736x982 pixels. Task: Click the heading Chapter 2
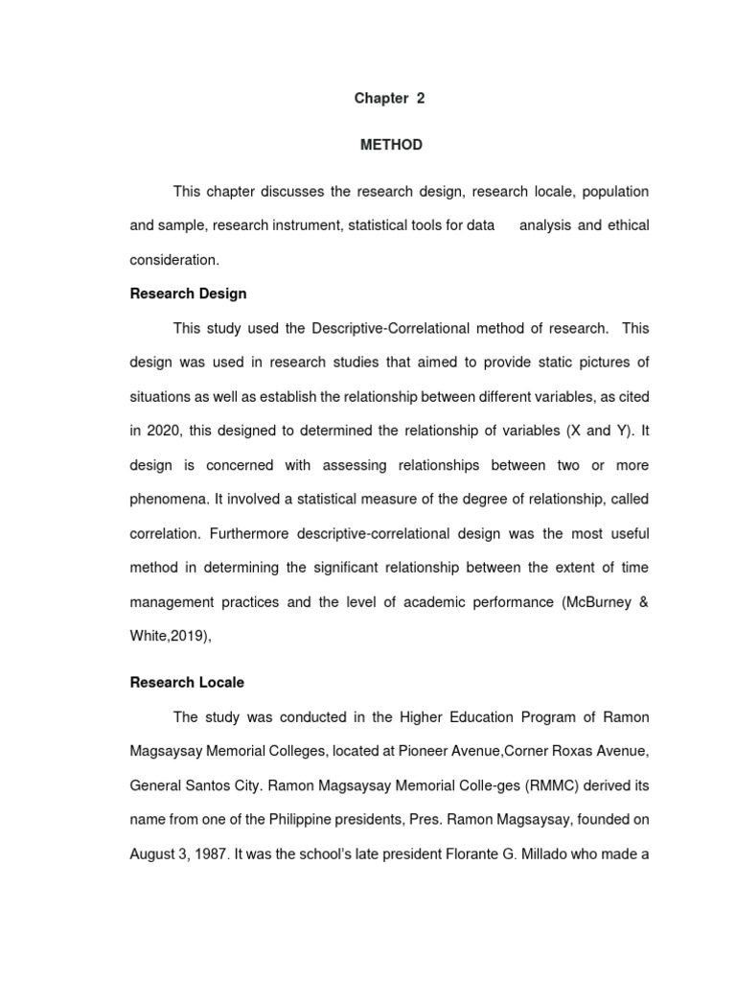click(389, 99)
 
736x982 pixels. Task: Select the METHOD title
click(390, 145)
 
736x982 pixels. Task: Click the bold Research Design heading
click(188, 293)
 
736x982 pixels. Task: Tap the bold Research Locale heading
click(187, 683)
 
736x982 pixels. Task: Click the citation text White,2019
click(169, 636)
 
